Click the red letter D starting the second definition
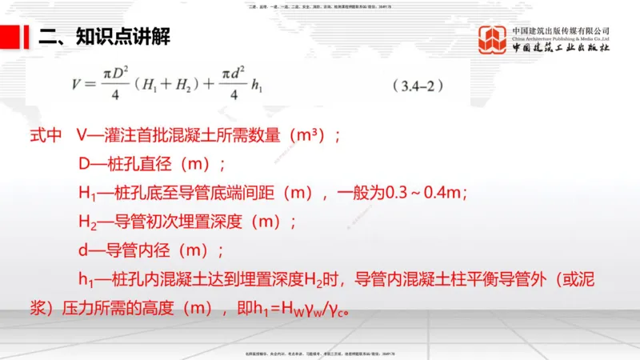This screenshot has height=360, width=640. click(83, 164)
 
